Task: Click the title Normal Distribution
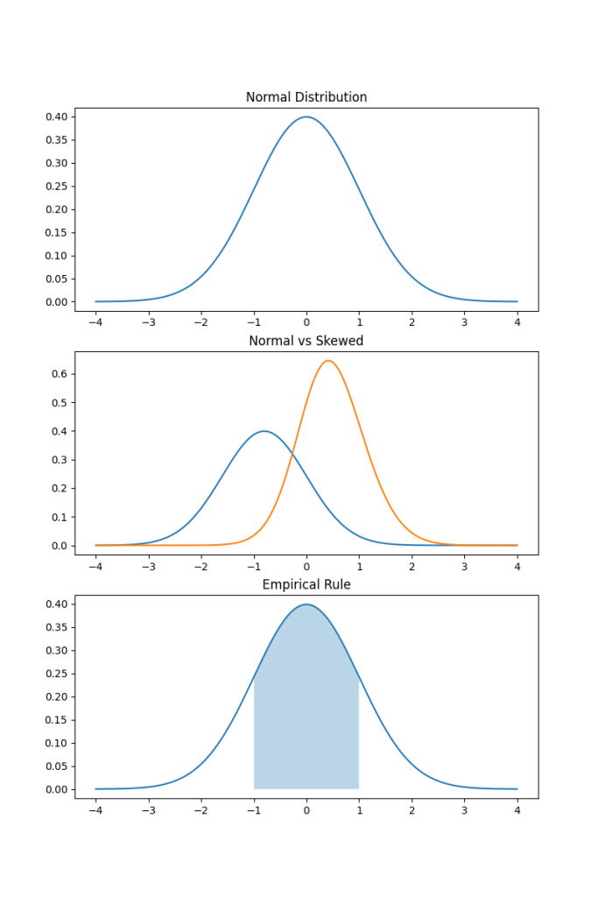click(306, 97)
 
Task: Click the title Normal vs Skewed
click(306, 341)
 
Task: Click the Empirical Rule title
click(306, 584)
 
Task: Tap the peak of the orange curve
click(327, 361)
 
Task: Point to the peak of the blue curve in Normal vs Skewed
click(264, 431)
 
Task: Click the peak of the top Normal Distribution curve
click(306, 117)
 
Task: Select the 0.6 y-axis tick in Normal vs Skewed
click(59, 374)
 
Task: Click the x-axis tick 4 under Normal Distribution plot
click(517, 321)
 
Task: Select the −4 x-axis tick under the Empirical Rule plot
click(95, 809)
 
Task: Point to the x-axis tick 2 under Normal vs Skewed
click(412, 565)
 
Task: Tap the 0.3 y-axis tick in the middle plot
click(59, 460)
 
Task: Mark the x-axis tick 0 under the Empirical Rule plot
click(306, 809)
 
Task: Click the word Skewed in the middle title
click(341, 341)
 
